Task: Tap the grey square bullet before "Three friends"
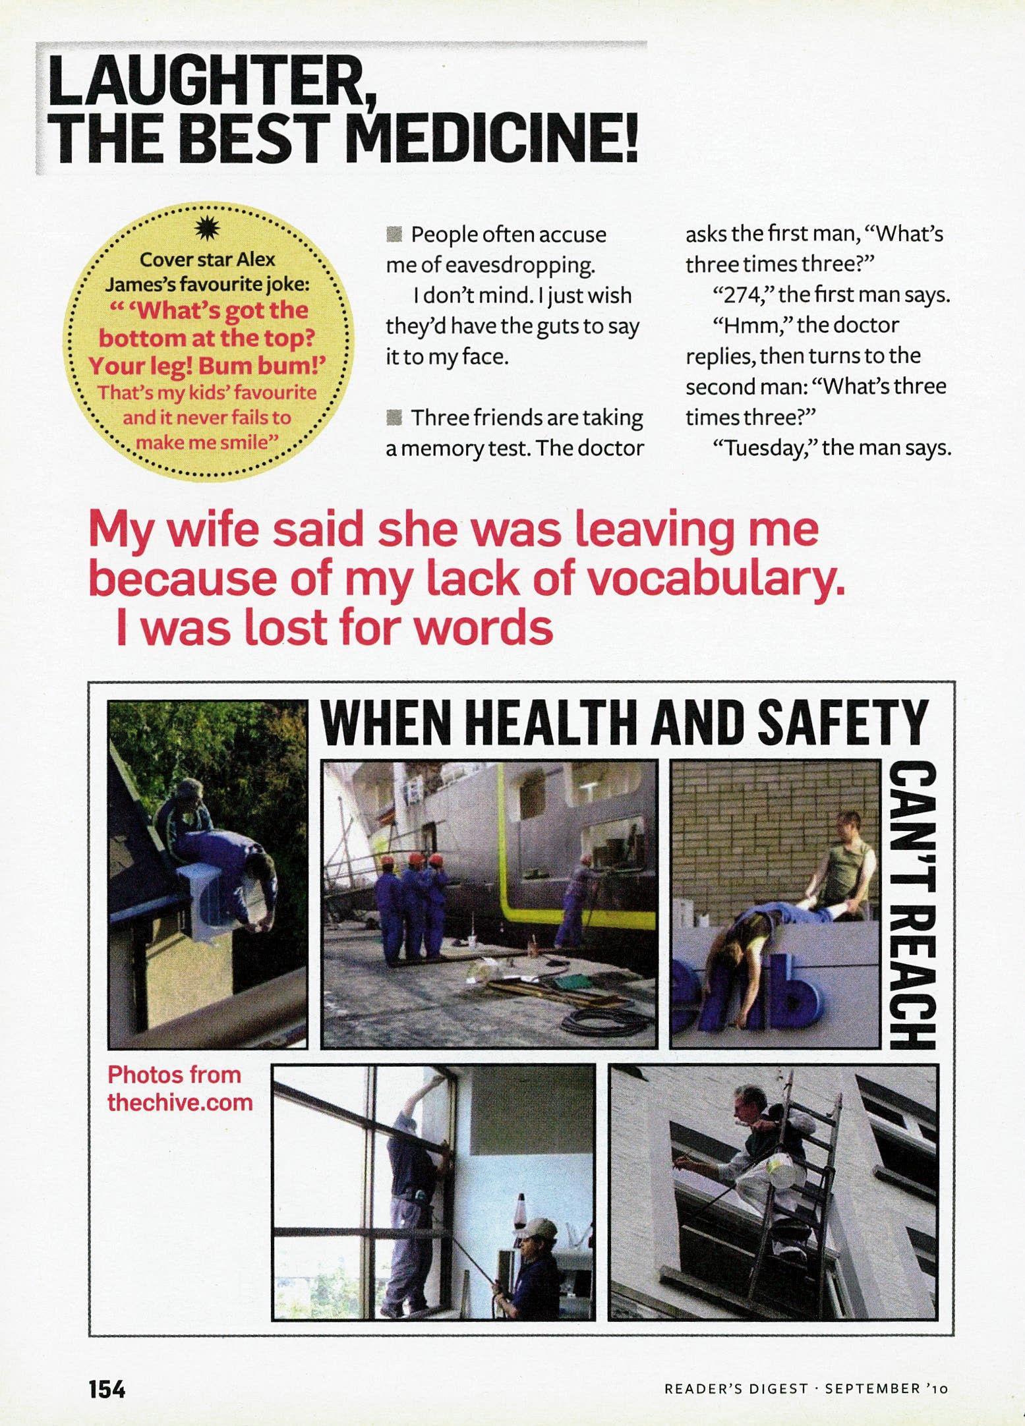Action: pyautogui.click(x=394, y=417)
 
